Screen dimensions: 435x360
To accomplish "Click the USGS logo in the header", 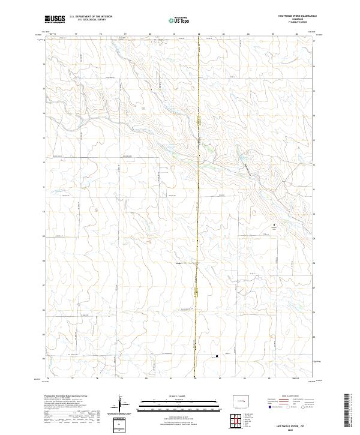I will [x=54, y=19].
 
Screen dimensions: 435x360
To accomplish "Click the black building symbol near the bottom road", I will [x=216, y=358].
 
